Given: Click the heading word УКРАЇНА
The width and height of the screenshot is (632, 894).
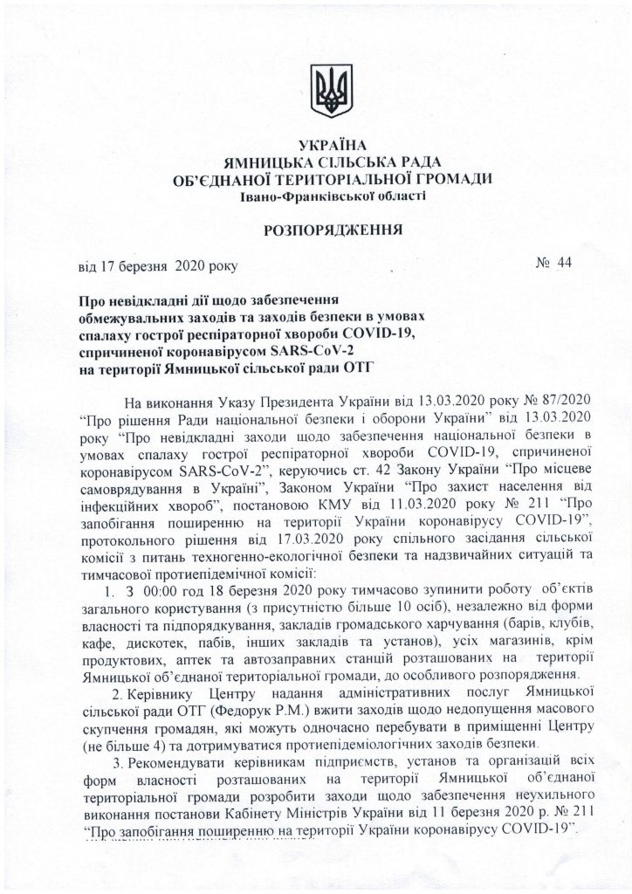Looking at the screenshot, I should click(329, 144).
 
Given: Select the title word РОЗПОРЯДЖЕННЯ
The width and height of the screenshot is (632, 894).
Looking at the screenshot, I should click(327, 231).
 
